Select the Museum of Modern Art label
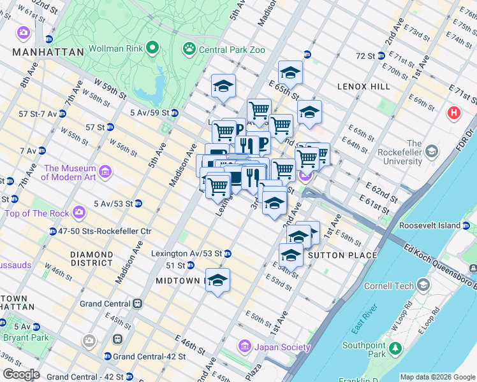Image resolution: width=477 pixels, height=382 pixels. click(x=70, y=173)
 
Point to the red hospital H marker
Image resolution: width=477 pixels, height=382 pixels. click(x=453, y=113)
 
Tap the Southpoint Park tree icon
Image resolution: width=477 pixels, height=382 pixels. click(x=395, y=348)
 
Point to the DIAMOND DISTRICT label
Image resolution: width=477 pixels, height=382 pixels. click(x=92, y=258)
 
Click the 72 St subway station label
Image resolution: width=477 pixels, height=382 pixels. click(x=365, y=56)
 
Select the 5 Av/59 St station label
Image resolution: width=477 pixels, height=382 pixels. click(x=149, y=113)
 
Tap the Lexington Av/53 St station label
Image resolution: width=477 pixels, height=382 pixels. click(x=186, y=253)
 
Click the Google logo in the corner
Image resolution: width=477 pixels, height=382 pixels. click(x=20, y=374)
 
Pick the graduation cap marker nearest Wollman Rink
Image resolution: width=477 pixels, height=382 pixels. click(x=223, y=85)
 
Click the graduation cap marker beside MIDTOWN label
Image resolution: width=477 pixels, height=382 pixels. click(x=217, y=279)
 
